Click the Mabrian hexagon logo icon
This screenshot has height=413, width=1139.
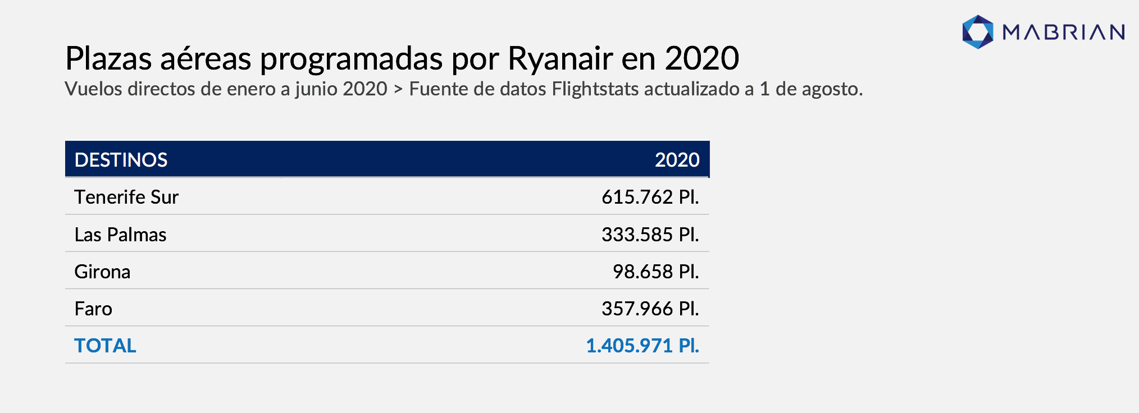pos(978,32)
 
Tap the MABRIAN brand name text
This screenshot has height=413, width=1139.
pos(1064,33)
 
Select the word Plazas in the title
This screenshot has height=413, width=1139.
pos(108,58)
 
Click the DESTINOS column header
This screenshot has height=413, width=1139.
pos(121,160)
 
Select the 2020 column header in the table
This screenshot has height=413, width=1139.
pos(677,160)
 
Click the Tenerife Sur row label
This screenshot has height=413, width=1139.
pos(126,197)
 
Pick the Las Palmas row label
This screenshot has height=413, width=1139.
pos(120,235)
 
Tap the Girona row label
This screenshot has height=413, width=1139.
pos(102,272)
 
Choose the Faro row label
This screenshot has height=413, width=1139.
pos(93,309)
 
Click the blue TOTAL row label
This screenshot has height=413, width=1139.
pos(105,346)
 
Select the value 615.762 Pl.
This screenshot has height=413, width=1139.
pos(650,197)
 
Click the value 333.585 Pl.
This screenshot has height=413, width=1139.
pos(650,235)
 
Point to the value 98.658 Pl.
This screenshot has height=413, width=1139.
pos(656,272)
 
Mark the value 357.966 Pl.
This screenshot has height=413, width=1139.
pos(650,309)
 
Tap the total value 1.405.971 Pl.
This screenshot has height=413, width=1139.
pos(643,346)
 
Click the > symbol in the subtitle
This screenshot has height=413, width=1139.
pos(398,90)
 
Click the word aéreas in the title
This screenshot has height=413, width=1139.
pos(206,58)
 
